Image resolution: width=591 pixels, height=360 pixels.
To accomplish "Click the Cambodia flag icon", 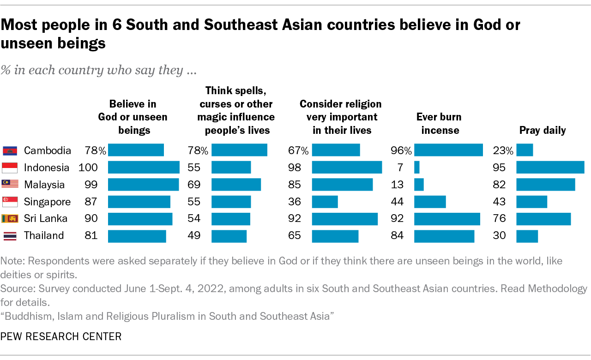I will (x=10, y=150).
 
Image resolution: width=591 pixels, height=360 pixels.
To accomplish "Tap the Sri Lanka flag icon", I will (x=10, y=219).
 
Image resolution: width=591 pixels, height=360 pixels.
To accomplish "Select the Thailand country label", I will (x=44, y=236).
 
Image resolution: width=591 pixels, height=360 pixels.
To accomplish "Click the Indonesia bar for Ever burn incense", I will (x=417, y=168).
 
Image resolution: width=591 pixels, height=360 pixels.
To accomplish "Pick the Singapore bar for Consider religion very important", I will (x=325, y=202).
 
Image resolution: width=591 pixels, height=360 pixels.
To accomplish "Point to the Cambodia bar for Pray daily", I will (x=525, y=150).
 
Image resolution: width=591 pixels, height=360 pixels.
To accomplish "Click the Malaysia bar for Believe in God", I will (x=143, y=185).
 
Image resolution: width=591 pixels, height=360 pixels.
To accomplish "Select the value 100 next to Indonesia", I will (x=88, y=168).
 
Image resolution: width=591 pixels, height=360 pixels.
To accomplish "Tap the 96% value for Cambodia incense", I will (x=400, y=150).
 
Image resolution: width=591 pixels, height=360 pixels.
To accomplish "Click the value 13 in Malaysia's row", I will (x=397, y=185).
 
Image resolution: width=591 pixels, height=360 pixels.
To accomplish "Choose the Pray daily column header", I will (x=543, y=130).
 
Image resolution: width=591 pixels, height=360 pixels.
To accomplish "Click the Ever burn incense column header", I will (x=439, y=123).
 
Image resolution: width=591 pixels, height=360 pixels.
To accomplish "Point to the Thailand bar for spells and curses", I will (x=229, y=236).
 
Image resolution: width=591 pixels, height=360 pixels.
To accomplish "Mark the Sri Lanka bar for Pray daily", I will (x=543, y=219).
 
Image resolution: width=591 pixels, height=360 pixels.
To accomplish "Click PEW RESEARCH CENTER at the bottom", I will (x=61, y=336).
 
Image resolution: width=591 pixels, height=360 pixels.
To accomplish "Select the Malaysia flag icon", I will (x=10, y=185).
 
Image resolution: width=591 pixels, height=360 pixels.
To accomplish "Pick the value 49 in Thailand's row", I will (x=194, y=236).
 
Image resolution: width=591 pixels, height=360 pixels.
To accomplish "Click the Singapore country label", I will (x=47, y=202).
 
